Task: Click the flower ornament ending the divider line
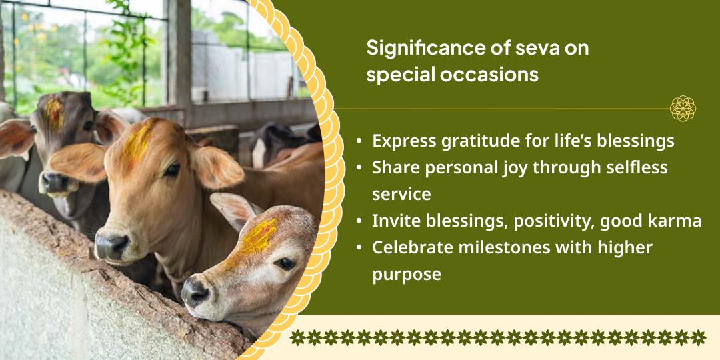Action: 683,108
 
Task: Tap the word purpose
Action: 407,274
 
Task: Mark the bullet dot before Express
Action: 359,142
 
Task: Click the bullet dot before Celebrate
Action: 359,248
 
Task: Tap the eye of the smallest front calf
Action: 286,263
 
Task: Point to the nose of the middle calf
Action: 110,245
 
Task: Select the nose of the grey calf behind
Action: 53,182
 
